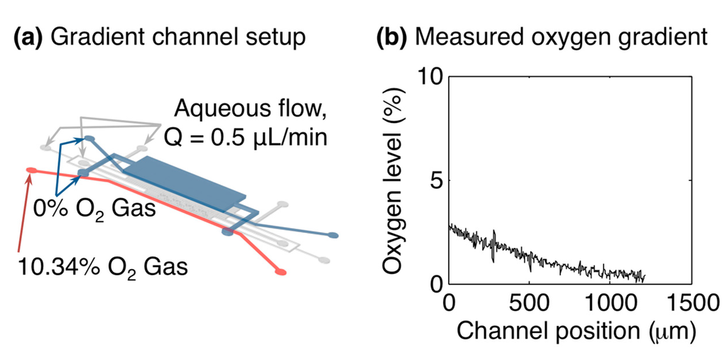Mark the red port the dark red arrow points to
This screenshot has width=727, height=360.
click(31, 170)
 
